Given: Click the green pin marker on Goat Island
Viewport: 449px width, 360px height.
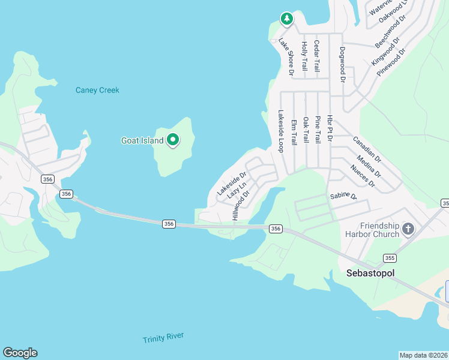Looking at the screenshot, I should point(173,140).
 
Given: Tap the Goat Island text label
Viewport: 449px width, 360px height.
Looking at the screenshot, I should point(142,141).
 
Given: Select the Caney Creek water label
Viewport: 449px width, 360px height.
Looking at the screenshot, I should point(97,90).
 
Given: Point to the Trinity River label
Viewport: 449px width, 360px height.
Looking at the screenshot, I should point(163,338).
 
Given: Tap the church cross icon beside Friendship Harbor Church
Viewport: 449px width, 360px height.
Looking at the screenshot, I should point(408,229).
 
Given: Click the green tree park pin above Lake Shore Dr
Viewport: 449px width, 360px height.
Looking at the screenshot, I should point(287,19).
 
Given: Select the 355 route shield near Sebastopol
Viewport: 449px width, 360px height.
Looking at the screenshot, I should point(390,258).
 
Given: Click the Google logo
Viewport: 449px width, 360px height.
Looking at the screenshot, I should point(20,353).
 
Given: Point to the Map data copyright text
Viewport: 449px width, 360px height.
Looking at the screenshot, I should point(423,355).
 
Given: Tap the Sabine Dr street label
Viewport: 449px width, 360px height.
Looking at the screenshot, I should point(343,196).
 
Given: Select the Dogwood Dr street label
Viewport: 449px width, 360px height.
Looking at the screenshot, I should point(343,64).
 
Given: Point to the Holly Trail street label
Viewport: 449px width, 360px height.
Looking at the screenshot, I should point(305,57).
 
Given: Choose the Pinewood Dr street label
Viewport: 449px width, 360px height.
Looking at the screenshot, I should point(391,61).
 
